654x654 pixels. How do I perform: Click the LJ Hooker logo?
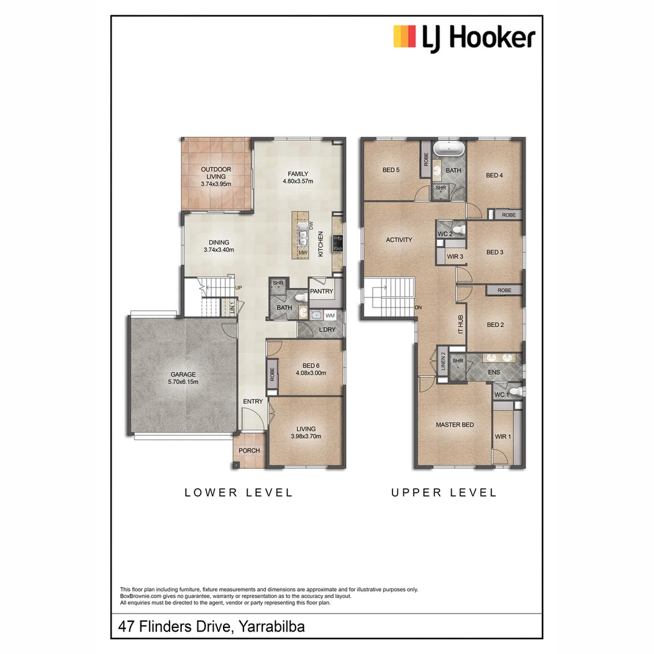pos(464,38)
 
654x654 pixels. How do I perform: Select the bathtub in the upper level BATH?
pos(449,148)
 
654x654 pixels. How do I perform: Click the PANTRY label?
pos(322,291)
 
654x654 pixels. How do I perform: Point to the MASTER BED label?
pos(455,425)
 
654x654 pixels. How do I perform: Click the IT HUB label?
pos(460,325)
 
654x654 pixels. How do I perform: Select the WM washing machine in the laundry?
pos(330,315)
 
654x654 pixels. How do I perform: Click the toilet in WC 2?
pos(458,230)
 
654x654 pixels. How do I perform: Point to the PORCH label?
pos(249,451)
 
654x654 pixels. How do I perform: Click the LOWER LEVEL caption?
pos(239,493)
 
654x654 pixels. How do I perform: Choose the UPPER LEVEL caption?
pos(444,493)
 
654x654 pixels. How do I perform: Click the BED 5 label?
pos(391,170)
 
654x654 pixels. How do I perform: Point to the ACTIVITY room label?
pos(398,240)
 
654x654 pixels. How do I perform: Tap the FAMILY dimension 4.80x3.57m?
pos(299,181)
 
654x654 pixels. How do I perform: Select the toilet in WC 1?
pos(515,392)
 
